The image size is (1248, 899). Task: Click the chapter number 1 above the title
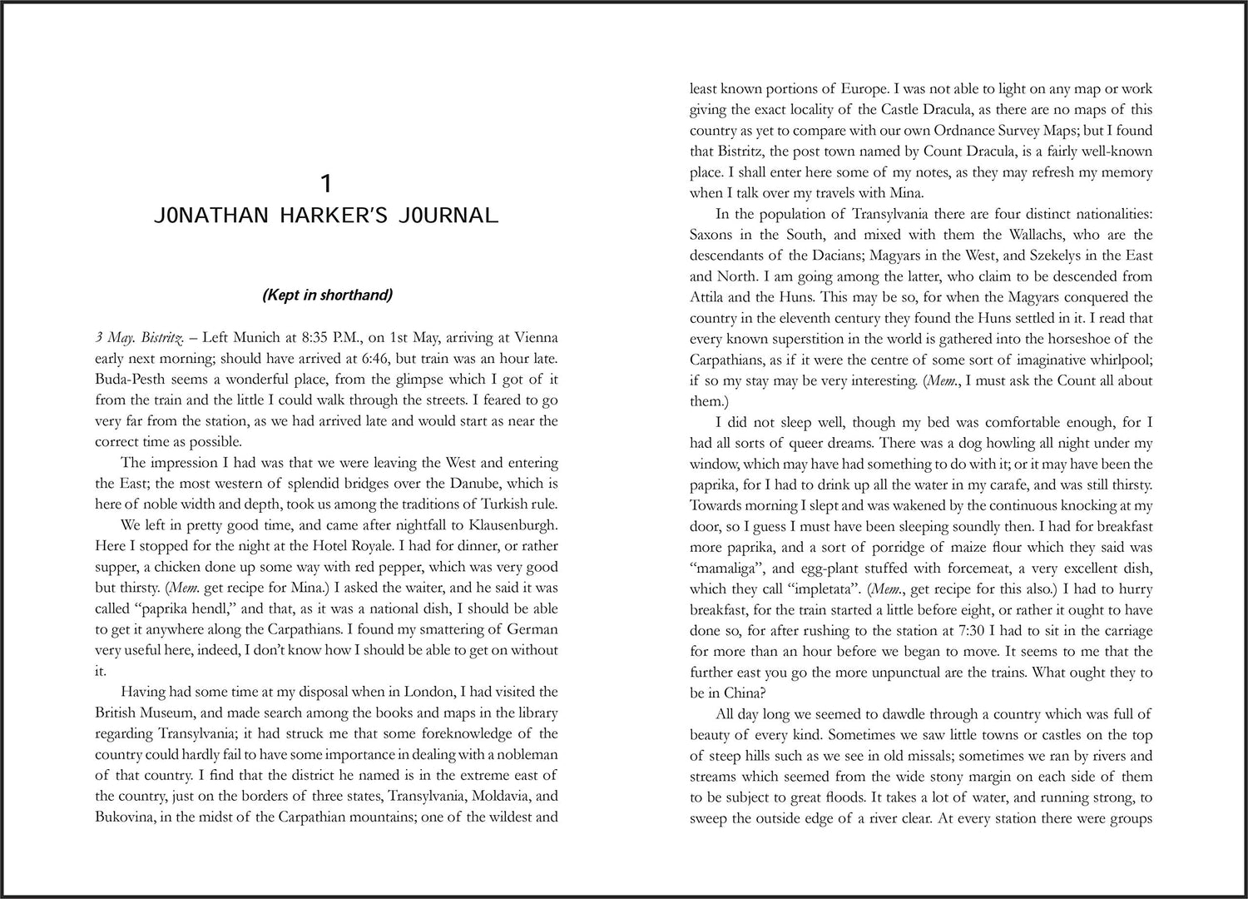[326, 182]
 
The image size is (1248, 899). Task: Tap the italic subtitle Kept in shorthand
[326, 295]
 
